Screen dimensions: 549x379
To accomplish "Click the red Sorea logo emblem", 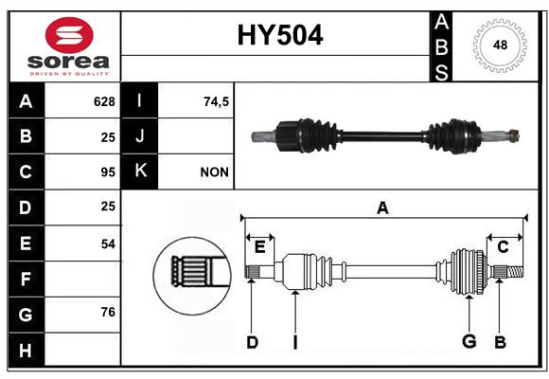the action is click(x=69, y=35).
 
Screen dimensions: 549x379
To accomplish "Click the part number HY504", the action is click(x=280, y=35).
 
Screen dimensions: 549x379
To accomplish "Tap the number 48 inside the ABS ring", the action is click(x=500, y=45).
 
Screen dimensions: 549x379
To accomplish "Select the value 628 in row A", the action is click(x=104, y=101).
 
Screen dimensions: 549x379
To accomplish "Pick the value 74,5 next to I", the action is click(x=217, y=101).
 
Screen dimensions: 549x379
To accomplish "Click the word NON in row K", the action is click(x=214, y=172).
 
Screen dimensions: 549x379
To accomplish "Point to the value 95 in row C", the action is click(x=108, y=172).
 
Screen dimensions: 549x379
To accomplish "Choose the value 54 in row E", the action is click(x=108, y=244).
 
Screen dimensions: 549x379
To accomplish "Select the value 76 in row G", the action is click(x=108, y=312).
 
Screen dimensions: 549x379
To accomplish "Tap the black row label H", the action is click(x=26, y=350).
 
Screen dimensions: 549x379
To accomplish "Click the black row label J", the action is click(x=139, y=136).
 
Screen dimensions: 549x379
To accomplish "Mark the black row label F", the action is click(x=26, y=280).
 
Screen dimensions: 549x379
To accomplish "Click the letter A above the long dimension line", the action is click(x=382, y=208).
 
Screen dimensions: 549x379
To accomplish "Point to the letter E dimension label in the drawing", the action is click(x=259, y=246).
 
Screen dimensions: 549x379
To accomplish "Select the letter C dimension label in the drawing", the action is click(x=503, y=247).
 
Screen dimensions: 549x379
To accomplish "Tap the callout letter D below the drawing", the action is click(x=252, y=342).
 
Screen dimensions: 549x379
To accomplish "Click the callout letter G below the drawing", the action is click(x=469, y=341).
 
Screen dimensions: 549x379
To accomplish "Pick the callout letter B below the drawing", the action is click(x=500, y=342).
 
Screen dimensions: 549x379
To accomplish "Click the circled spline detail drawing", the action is click(x=192, y=276).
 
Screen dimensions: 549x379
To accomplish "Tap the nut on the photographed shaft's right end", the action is click(x=514, y=135).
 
